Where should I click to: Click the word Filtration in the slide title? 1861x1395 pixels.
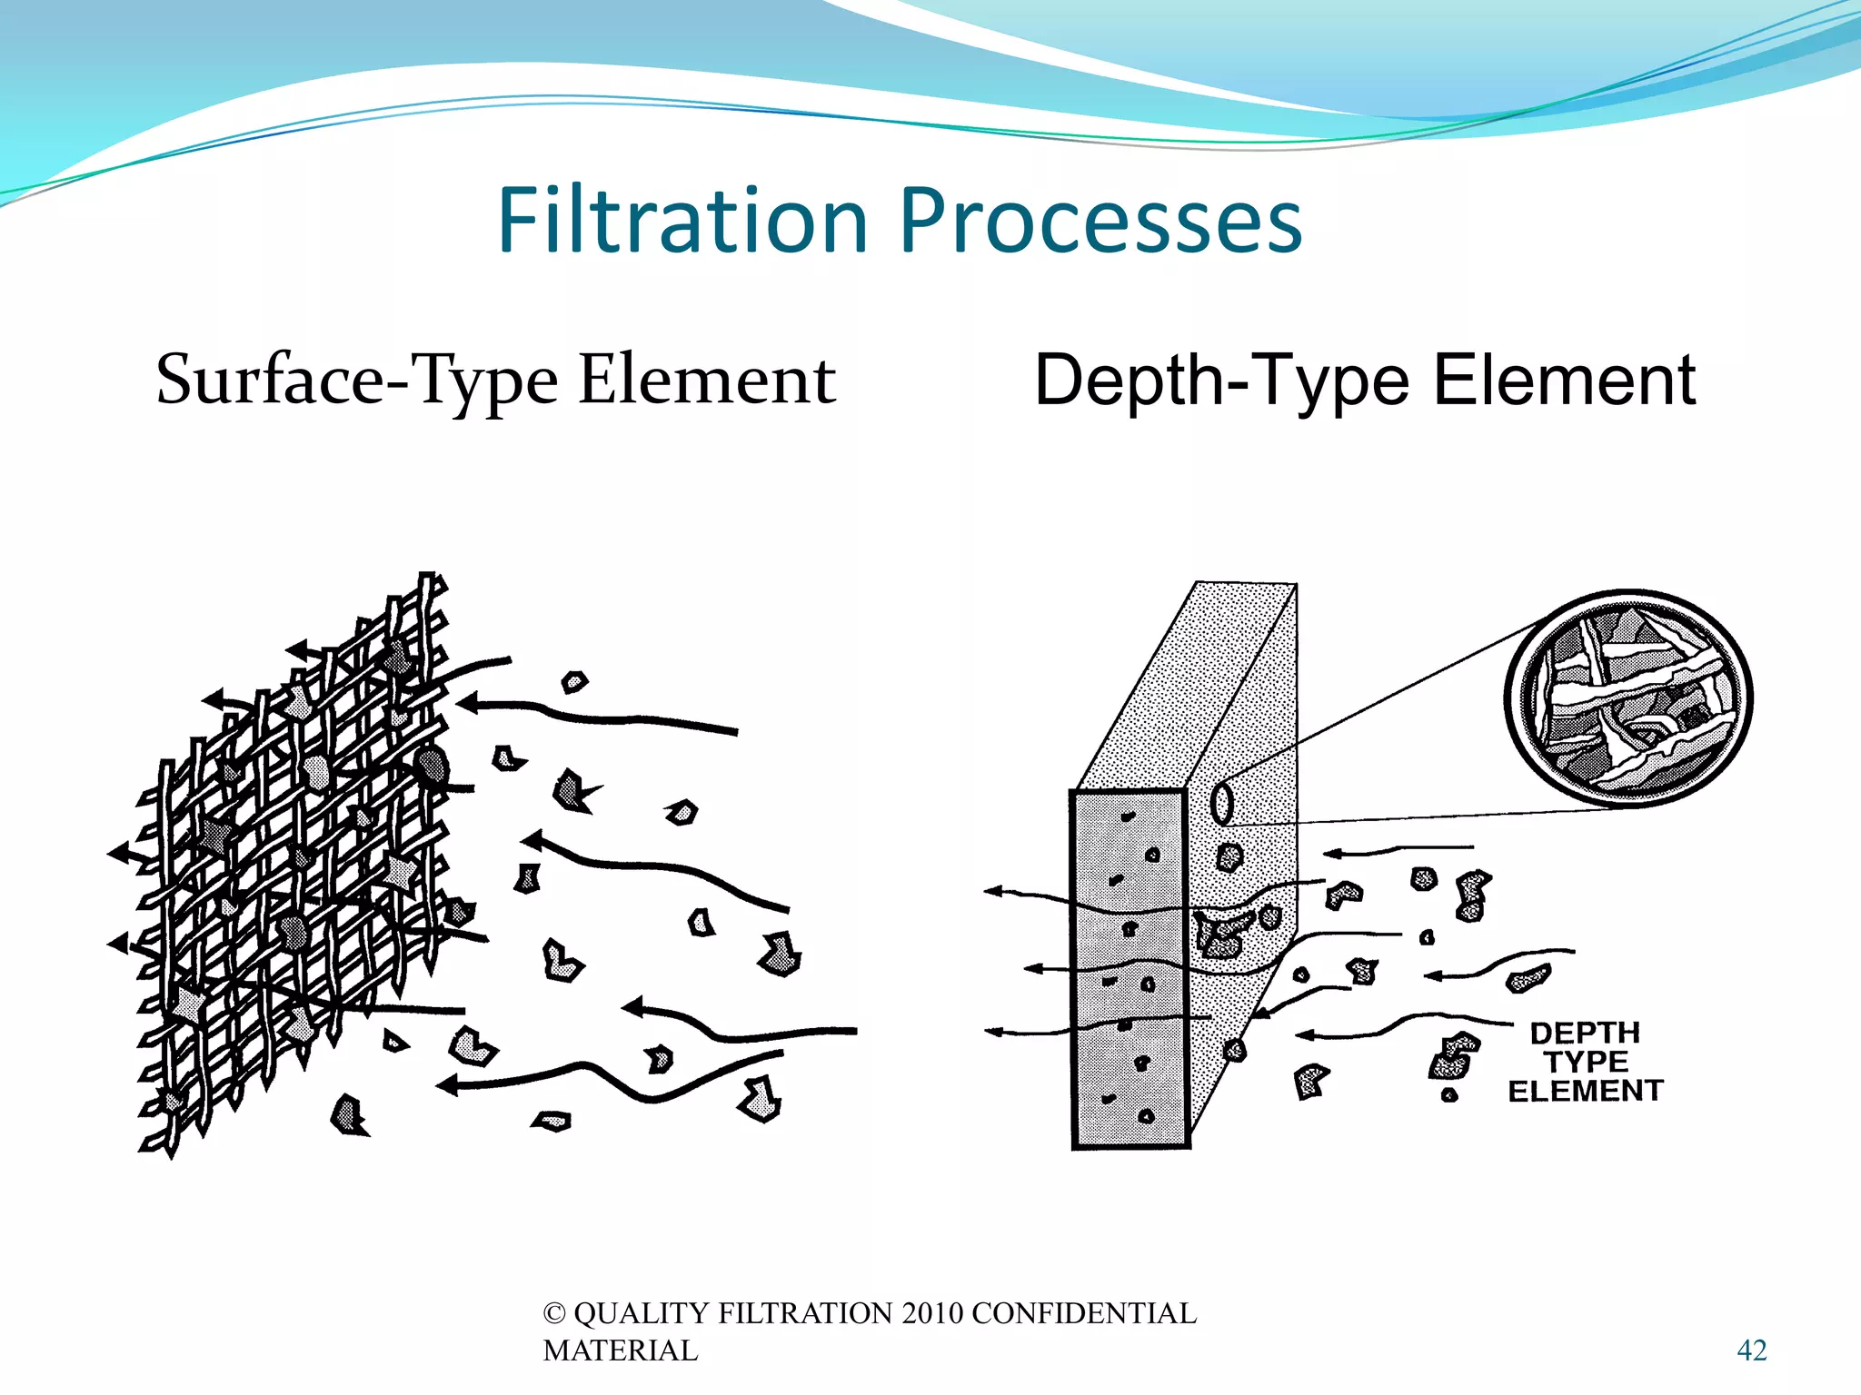coord(683,221)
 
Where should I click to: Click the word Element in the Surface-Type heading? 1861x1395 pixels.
coord(707,380)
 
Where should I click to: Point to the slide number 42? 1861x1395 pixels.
coord(1751,1350)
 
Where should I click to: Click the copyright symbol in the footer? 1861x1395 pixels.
coord(553,1313)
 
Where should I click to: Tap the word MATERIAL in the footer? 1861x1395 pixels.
coord(621,1350)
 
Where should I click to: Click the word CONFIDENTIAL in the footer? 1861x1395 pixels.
coord(1083,1313)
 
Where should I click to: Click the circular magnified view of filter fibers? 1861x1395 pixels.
coord(1628,697)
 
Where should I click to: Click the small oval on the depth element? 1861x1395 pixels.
coord(1222,803)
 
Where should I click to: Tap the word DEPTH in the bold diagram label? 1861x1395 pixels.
coord(1585,1033)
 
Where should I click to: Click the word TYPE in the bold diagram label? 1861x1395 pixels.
coord(1586,1061)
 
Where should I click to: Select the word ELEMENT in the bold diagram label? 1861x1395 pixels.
coord(1586,1090)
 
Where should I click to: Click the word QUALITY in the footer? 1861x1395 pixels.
coord(642,1313)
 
